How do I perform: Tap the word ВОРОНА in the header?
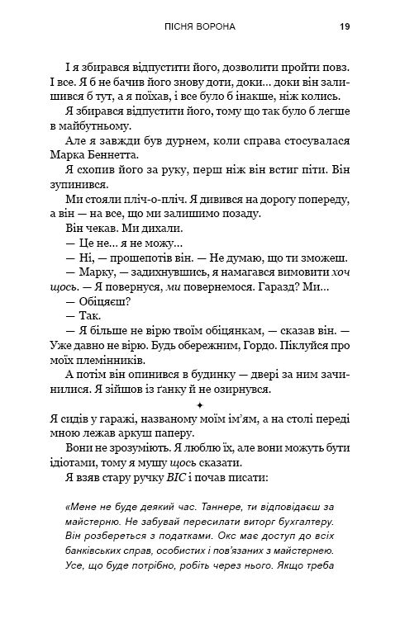216,27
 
